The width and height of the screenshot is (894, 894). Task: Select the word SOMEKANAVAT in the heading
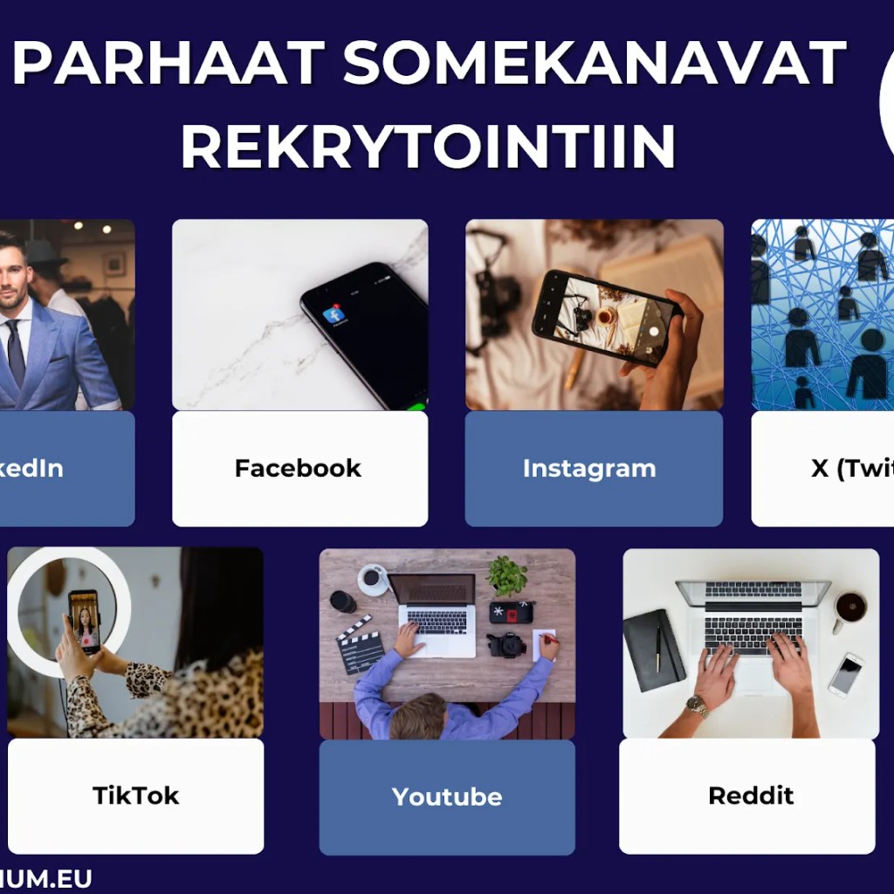pyautogui.click(x=594, y=64)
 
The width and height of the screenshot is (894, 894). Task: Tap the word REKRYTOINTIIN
pyautogui.click(x=428, y=145)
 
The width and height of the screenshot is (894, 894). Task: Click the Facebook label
pyautogui.click(x=298, y=468)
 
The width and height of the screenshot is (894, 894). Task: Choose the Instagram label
pyautogui.click(x=589, y=468)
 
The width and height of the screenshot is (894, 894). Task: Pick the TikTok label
pyautogui.click(x=135, y=795)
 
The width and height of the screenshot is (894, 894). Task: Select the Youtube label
pyautogui.click(x=447, y=796)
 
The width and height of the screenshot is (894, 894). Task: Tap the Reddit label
pyautogui.click(x=751, y=795)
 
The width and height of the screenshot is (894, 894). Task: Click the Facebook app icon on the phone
pyautogui.click(x=334, y=315)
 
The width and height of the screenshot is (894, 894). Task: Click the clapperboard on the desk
pyautogui.click(x=360, y=644)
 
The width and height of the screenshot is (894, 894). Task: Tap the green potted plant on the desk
pyautogui.click(x=507, y=576)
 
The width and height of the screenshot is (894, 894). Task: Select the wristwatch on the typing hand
pyautogui.click(x=698, y=705)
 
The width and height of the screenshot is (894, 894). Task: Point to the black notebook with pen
pyautogui.click(x=653, y=650)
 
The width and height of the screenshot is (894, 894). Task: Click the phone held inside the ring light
pyautogui.click(x=84, y=621)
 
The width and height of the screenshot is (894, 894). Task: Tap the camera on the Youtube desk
pyautogui.click(x=506, y=644)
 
